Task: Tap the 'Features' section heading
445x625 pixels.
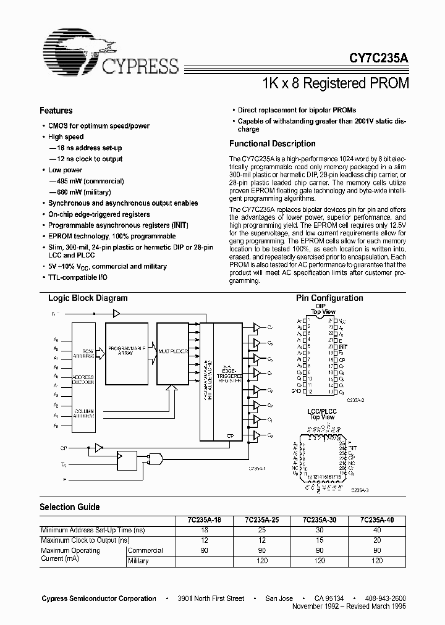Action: point(56,111)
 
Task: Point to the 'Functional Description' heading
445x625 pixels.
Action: point(272,144)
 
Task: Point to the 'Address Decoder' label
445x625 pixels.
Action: point(83,380)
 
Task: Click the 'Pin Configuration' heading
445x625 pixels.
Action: point(329,298)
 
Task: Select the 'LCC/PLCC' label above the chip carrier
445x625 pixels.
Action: point(321,411)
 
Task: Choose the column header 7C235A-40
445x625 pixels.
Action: point(376,521)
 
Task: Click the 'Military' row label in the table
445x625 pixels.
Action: point(138,560)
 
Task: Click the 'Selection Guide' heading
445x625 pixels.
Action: point(70,507)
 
